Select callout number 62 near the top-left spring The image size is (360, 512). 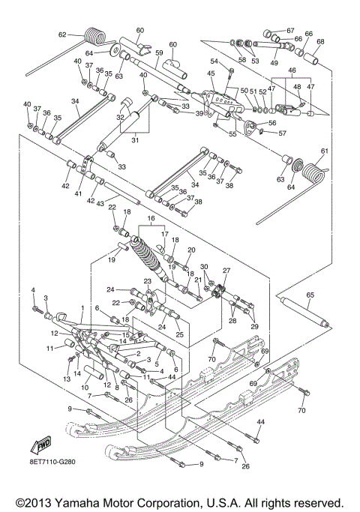[63, 34]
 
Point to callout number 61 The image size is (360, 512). [325, 151]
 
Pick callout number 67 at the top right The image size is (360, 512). [290, 30]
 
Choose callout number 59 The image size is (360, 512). [159, 52]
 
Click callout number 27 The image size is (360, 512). [226, 271]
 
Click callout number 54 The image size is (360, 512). [213, 61]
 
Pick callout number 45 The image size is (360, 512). [211, 73]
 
